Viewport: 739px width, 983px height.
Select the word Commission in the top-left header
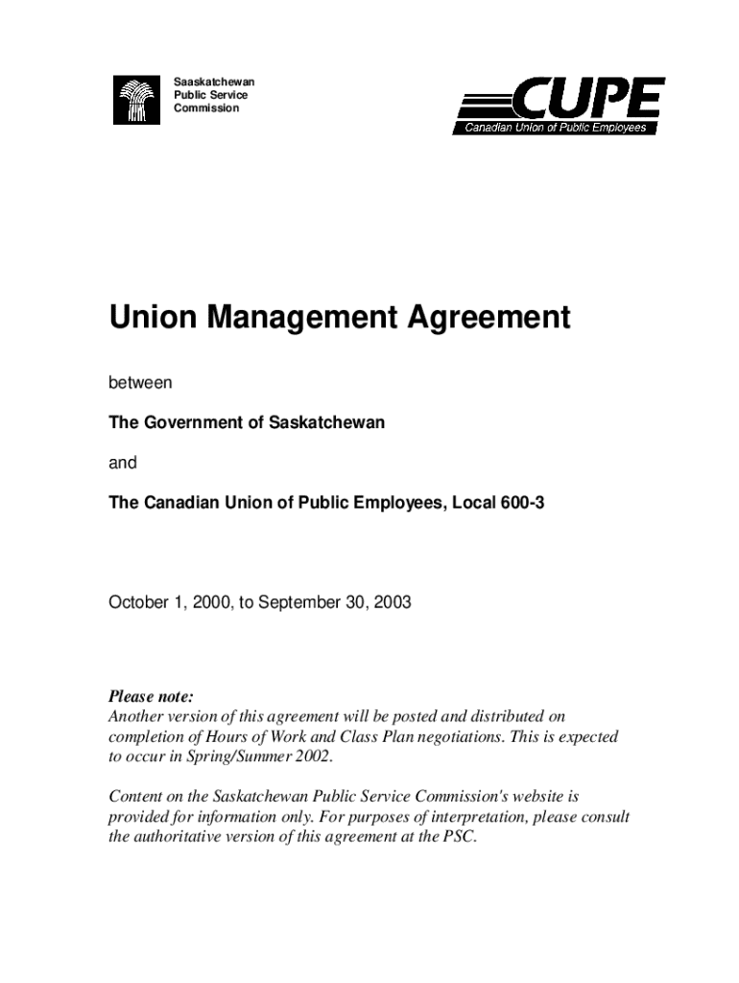206,108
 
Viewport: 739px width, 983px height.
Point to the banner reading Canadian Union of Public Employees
556,128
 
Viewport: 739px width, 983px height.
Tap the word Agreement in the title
491,318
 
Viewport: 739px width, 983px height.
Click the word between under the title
140,383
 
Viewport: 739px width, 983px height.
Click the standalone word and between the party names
123,463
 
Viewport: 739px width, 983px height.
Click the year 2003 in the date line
392,603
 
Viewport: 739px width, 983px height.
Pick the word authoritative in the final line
182,836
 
